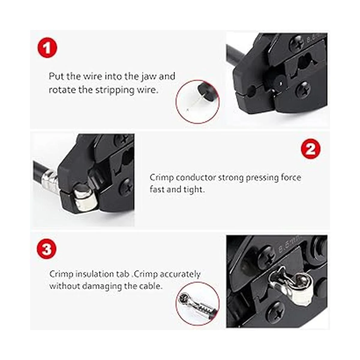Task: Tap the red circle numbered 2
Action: click(x=310, y=149)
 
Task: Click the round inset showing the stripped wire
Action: click(x=197, y=101)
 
